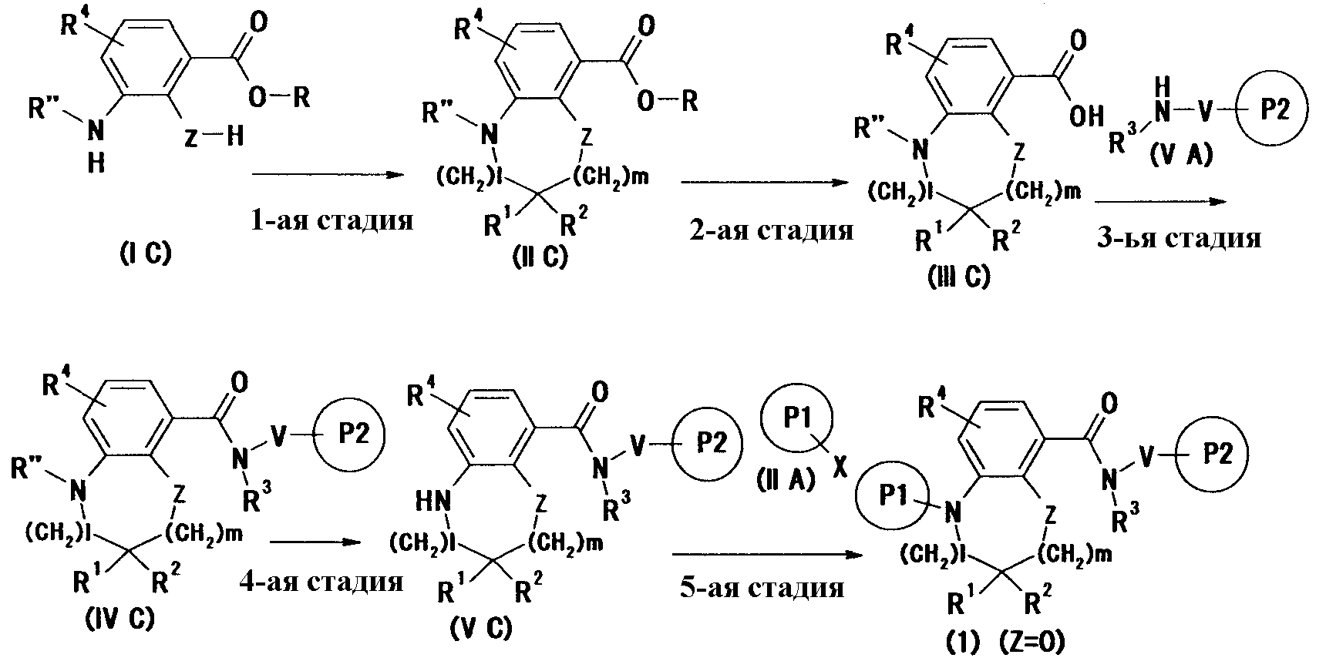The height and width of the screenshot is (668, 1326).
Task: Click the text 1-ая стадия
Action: click(x=331, y=221)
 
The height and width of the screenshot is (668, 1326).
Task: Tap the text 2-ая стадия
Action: click(x=771, y=230)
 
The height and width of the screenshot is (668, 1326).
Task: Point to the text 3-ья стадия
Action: click(x=1179, y=238)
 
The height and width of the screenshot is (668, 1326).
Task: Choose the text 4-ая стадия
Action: click(x=321, y=580)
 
